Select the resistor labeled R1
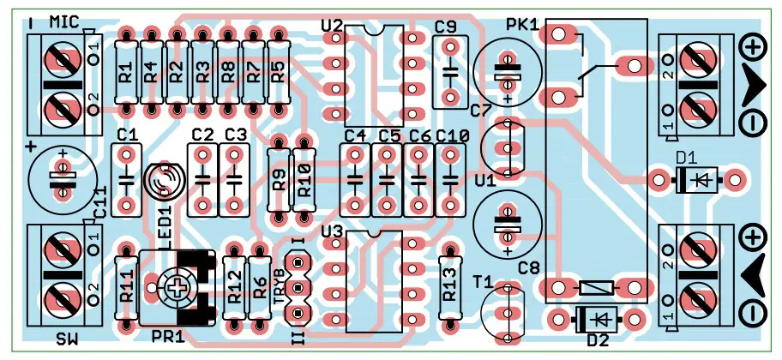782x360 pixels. point(126,73)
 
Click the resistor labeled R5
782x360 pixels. point(277,73)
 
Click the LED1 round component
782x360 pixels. point(163,181)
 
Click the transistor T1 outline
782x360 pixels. point(506,313)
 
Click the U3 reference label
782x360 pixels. point(332,231)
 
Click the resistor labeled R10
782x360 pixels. point(302,181)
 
